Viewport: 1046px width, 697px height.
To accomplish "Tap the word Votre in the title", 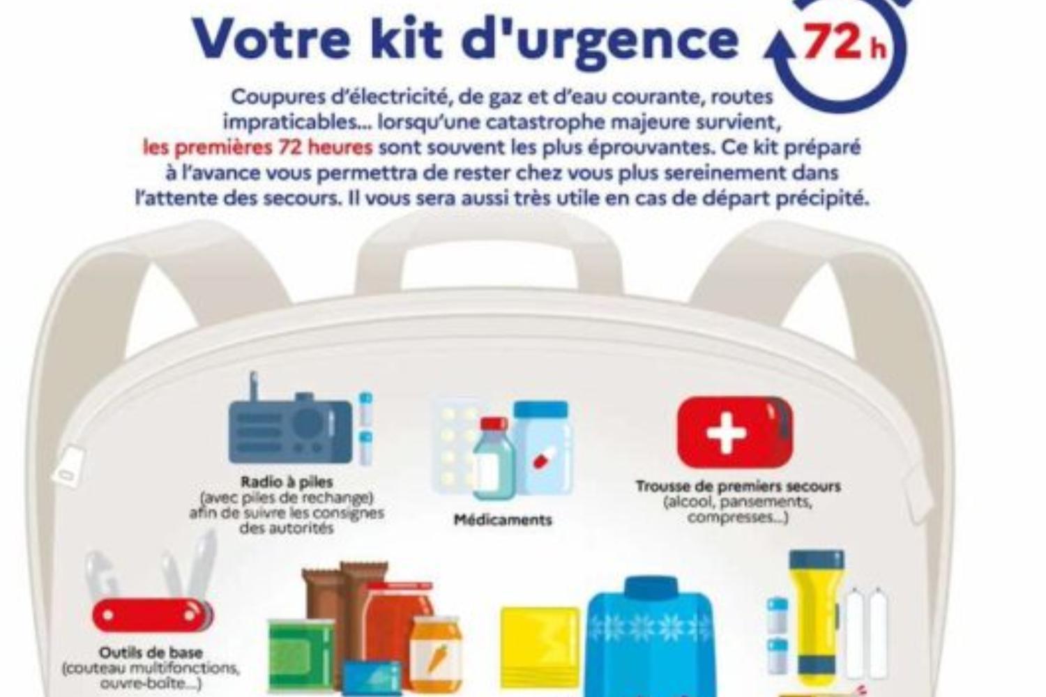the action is [x=271, y=39].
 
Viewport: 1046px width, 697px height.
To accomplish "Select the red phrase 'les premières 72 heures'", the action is [x=258, y=148].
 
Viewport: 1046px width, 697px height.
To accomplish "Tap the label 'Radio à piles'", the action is [x=287, y=482].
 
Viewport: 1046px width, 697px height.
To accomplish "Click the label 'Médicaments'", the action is [x=503, y=519].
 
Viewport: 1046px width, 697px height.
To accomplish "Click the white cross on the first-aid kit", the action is [x=726, y=434].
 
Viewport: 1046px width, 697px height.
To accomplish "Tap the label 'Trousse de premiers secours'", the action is [x=738, y=487].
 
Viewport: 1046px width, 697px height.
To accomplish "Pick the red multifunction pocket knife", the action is [x=152, y=614].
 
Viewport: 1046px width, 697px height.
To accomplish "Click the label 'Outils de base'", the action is [x=151, y=652].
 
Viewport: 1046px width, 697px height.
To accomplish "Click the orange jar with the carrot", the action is [x=437, y=654].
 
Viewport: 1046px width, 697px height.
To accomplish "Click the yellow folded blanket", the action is [x=540, y=650].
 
